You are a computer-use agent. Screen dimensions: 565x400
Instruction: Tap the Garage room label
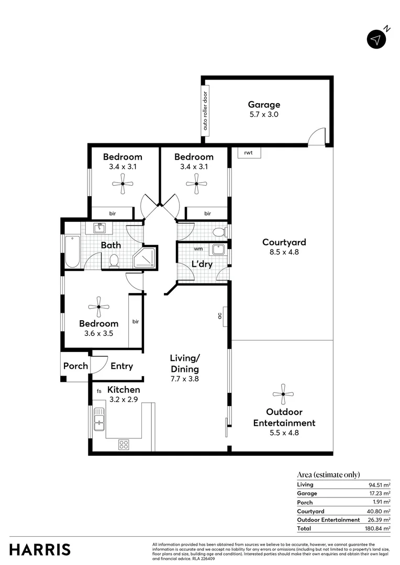pyautogui.click(x=264, y=105)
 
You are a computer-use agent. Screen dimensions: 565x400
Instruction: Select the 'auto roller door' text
pyautogui.click(x=205, y=111)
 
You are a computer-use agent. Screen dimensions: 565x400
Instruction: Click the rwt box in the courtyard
pyautogui.click(x=249, y=153)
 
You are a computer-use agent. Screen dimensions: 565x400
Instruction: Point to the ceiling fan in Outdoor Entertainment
pyautogui.click(x=283, y=393)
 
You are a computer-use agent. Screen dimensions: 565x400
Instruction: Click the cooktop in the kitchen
pyautogui.click(x=124, y=445)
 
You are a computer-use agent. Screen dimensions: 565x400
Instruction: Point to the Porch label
pyautogui.click(x=75, y=366)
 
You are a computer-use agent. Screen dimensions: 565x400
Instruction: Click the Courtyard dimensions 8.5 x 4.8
pyautogui.click(x=284, y=252)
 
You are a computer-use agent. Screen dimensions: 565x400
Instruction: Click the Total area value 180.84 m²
pyautogui.click(x=380, y=528)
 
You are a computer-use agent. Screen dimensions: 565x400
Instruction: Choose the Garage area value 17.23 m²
pyautogui.click(x=380, y=493)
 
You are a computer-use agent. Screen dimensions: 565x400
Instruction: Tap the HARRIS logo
pyautogui.click(x=40, y=550)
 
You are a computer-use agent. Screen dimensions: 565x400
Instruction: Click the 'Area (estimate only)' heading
pyautogui.click(x=328, y=475)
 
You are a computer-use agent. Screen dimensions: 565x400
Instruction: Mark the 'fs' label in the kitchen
pyautogui.click(x=98, y=391)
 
